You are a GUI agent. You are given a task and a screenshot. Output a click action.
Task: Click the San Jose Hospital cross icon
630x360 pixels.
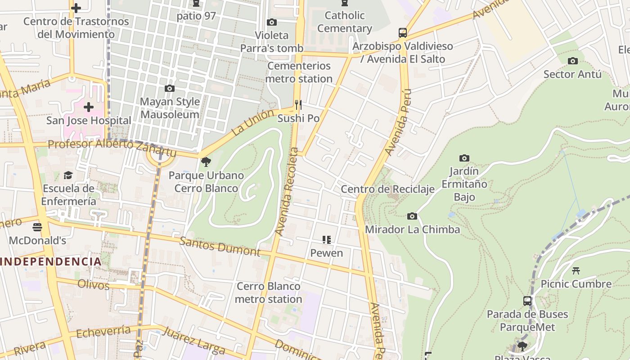pos(89,107)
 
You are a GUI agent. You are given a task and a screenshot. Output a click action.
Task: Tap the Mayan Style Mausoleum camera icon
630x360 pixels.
pos(170,88)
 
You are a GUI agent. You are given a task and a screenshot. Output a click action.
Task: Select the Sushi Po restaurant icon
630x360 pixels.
pos(298,105)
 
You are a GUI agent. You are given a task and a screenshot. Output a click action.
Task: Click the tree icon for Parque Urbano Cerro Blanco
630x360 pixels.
pos(206,162)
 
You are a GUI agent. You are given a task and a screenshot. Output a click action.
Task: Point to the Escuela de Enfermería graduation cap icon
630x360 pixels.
pos(68,175)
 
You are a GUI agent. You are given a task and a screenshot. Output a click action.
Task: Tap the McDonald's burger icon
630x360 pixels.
pos(37,227)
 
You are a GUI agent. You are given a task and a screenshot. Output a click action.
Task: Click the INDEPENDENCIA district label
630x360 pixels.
pos(51,261)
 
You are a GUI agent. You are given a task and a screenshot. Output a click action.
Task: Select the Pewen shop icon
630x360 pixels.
pos(327,239)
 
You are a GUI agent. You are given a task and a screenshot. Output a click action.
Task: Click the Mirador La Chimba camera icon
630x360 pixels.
pos(412,216)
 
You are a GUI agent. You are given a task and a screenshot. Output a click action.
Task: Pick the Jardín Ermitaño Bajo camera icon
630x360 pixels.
pos(464,158)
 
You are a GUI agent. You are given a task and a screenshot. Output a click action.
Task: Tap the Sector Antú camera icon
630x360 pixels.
pos(573,61)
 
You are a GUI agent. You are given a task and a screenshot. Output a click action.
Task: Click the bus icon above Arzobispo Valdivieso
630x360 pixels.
pos(403,32)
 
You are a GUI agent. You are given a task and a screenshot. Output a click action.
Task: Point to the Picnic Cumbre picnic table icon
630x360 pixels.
pos(576,270)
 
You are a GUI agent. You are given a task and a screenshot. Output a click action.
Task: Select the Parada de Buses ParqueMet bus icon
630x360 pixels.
pos(527,301)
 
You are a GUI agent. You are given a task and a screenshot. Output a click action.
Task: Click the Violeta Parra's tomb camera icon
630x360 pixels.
pos(271,22)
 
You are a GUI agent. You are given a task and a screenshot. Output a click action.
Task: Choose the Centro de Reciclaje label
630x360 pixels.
pos(387,189)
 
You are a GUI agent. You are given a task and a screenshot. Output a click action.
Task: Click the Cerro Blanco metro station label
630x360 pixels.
pos(269,292)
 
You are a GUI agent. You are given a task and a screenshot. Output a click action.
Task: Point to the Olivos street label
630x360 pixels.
pos(94,285)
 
